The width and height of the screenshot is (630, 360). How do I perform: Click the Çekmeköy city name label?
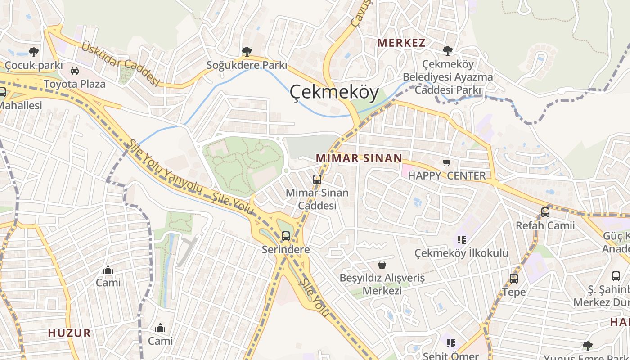[x=333, y=92]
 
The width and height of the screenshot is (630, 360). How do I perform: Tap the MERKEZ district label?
[x=401, y=43]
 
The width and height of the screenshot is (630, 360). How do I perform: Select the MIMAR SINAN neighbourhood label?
[x=359, y=158]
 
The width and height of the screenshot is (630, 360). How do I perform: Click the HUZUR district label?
[x=69, y=333]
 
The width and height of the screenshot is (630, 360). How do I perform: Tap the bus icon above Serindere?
[x=286, y=236]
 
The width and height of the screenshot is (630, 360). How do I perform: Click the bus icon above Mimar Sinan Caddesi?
[x=317, y=180]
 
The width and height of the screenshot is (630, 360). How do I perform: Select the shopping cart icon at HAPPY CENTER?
[x=447, y=163]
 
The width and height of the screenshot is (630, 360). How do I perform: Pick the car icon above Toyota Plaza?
[x=75, y=71]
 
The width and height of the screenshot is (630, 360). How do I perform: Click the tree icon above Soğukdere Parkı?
[x=247, y=52]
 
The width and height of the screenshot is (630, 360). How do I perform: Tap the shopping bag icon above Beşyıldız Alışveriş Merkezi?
[x=382, y=264]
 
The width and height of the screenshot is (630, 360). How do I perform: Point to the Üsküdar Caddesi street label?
[x=121, y=63]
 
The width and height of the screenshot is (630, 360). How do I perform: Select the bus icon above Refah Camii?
[x=545, y=212]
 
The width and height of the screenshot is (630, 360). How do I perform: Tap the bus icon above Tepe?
[x=514, y=279]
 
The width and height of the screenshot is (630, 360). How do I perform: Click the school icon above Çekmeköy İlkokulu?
[x=461, y=239]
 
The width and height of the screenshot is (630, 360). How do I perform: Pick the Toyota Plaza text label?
[x=75, y=84]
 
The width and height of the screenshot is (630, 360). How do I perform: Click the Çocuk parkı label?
[x=33, y=66]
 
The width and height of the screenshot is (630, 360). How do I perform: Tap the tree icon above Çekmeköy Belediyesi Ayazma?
[x=447, y=50]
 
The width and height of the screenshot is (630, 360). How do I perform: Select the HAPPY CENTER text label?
[x=447, y=176]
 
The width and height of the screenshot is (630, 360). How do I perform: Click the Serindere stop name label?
[x=286, y=249]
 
